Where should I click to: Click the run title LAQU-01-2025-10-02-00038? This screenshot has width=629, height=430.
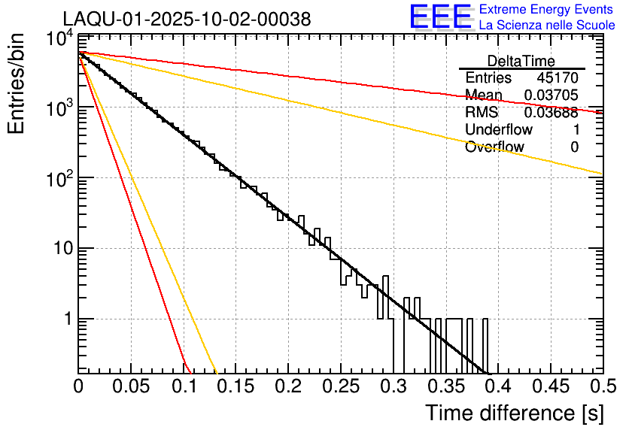click(x=187, y=20)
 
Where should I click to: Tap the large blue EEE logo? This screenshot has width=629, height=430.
click(x=440, y=17)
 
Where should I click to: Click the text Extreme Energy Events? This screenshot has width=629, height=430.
click(x=547, y=10)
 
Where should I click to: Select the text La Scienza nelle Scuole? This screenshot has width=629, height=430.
click(x=547, y=26)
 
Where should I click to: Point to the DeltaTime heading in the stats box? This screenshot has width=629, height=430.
click(x=521, y=61)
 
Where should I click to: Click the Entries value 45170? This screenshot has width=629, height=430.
click(x=558, y=78)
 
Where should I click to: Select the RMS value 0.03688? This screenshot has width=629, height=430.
click(x=552, y=113)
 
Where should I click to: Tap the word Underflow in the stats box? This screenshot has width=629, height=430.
click(x=499, y=130)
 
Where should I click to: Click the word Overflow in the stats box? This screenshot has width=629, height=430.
click(x=494, y=147)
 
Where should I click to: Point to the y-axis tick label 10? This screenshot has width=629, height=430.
click(x=60, y=249)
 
